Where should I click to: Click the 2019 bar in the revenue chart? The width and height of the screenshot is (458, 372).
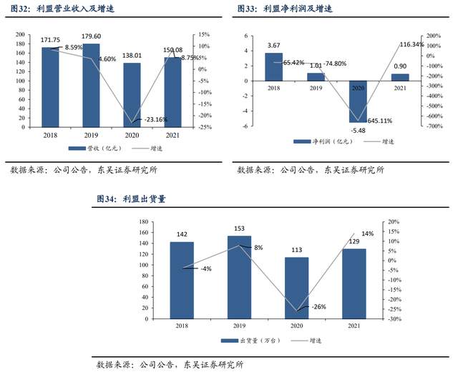tap(92, 86)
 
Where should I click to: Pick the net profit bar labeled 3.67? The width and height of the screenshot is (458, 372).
tap(274, 67)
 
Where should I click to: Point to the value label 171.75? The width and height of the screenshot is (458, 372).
tap(51, 39)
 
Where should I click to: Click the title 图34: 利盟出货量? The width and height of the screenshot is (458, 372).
tap(135, 199)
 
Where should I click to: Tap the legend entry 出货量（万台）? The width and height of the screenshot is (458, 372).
tap(246, 340)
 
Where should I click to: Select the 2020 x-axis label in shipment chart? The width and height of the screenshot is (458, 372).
tap(297, 326)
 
